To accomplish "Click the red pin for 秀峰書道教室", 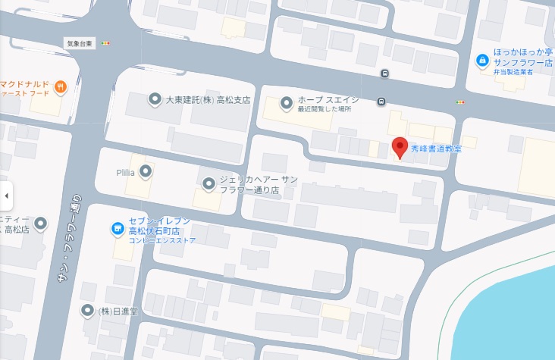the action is (x=400, y=146).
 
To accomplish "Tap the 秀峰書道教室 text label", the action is (x=436, y=148).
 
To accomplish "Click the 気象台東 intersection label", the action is (x=79, y=43).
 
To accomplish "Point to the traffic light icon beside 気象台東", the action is (x=105, y=43).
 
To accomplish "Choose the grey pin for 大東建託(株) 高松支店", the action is (x=154, y=99).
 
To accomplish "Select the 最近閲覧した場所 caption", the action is (x=325, y=109).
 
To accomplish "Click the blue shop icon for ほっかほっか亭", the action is (x=481, y=60).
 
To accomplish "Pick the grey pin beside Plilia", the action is (x=146, y=171).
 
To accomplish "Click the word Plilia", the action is (x=126, y=172).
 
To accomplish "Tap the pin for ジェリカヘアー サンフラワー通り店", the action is (x=209, y=183).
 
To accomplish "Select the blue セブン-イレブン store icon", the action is (x=118, y=227).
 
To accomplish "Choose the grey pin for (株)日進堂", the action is (x=88, y=311).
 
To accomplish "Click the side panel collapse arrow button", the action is (x=6, y=196).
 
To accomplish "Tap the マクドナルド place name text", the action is (x=24, y=83).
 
